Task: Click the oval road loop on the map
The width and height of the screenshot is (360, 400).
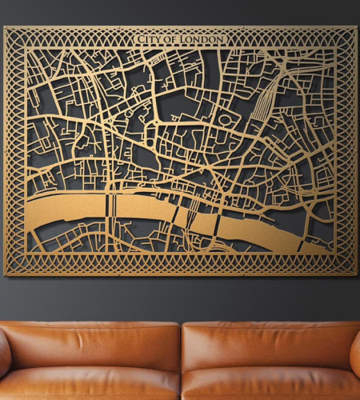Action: [226, 120]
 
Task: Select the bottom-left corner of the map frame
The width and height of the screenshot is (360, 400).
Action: [5, 274]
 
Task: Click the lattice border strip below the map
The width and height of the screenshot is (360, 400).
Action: [180, 264]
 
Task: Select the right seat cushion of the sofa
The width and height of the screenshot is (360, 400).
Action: [268, 386]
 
